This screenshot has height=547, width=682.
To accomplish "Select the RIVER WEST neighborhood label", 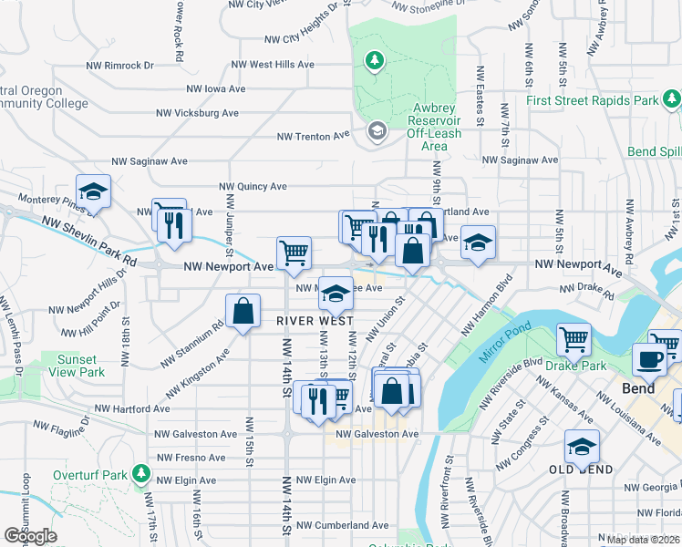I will [x=315, y=321].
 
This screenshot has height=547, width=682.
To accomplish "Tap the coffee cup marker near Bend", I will [x=652, y=358].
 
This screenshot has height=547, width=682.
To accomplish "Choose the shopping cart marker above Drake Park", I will [x=573, y=339].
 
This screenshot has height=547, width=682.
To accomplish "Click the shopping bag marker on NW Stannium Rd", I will [x=243, y=311].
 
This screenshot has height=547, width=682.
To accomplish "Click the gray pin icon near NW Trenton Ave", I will [x=376, y=132].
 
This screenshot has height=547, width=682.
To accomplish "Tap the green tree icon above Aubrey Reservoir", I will [x=373, y=61].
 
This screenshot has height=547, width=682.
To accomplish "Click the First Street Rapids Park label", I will [x=592, y=100].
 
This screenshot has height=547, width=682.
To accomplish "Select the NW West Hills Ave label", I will [x=273, y=65].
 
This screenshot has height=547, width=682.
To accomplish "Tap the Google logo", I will [x=31, y=535].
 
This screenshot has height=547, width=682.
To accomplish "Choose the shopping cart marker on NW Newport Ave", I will [x=294, y=253].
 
